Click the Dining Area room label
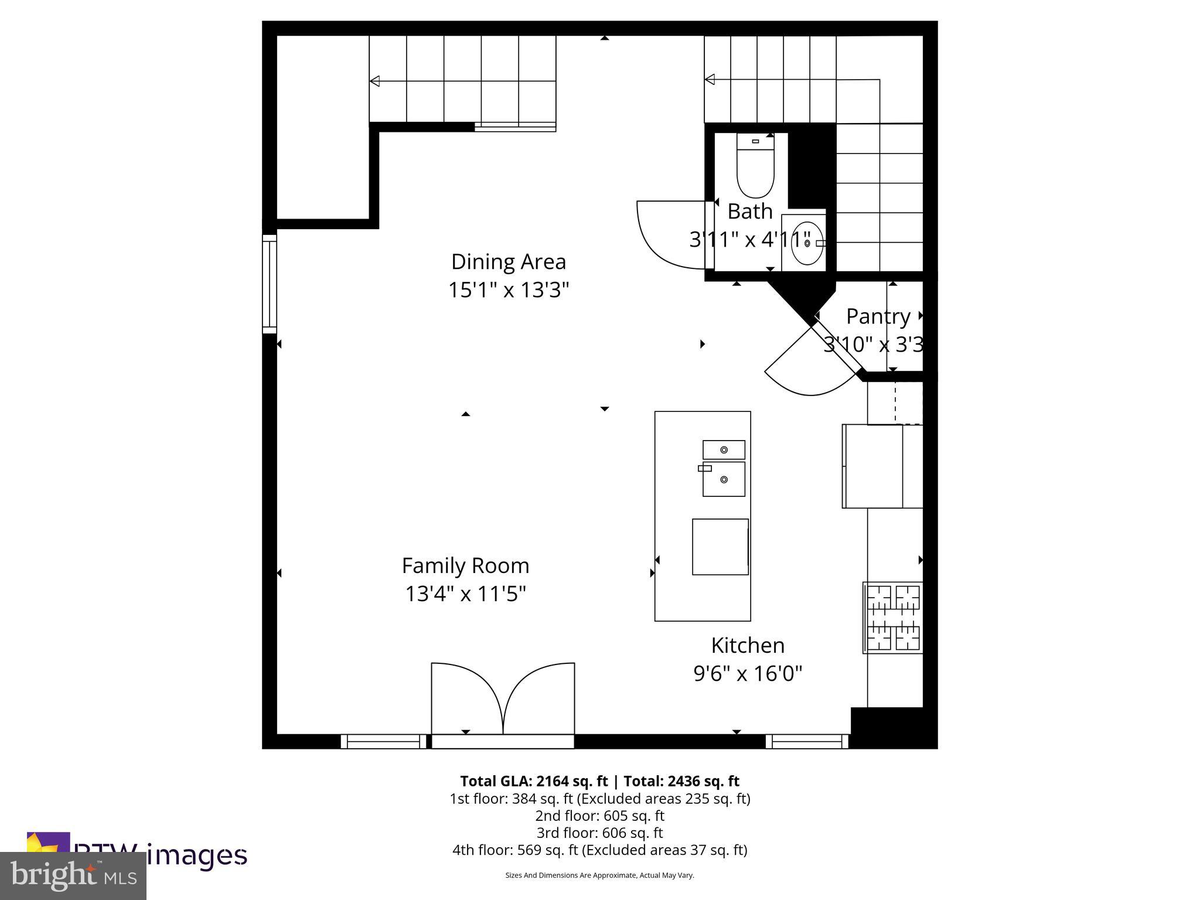508,262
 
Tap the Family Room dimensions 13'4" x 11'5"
466,594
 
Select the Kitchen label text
748,645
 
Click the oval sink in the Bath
806,243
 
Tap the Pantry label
878,316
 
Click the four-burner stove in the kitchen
893,618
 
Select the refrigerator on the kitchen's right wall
882,466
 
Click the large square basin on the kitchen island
720,547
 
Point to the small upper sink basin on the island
724,449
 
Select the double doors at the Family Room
503,700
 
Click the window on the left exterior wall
269,284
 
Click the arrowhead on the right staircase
710,79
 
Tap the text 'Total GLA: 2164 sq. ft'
534,781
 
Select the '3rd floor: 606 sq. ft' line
599,833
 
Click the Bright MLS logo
73,875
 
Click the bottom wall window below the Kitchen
807,742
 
